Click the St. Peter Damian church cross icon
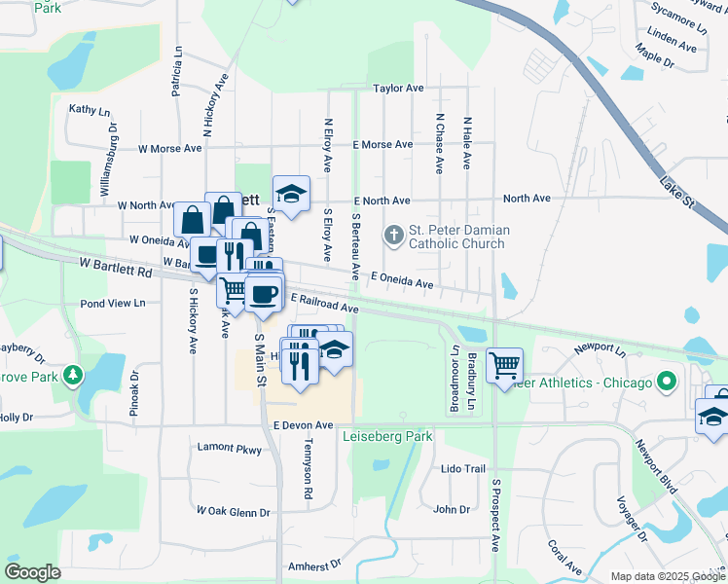pos(394,234)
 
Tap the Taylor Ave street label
pos(399,89)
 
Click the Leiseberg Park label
pos(387,437)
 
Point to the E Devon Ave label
pos(303,425)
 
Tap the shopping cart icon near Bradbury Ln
pos(504,365)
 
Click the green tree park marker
pos(72,375)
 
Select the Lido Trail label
pos(462,468)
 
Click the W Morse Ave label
pos(169,149)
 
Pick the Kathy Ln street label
pos(88,110)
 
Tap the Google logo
pos(33,572)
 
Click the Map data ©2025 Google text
pos(667,576)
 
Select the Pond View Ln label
pos(113,303)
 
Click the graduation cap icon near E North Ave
pos(291,194)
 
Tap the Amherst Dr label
pos(314,565)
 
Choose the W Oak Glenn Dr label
pos(233,511)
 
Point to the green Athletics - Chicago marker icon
pos(667,383)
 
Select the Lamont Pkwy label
pos(230,449)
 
